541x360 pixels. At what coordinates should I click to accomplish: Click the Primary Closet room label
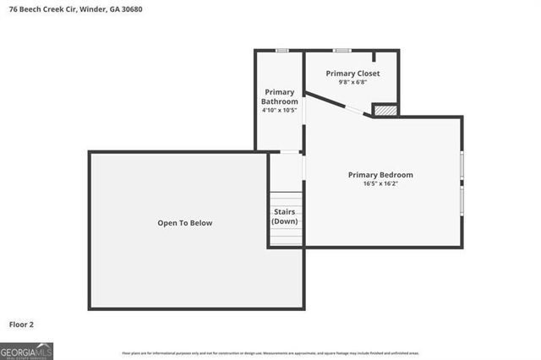pyautogui.click(x=353, y=74)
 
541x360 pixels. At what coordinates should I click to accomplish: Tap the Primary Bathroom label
pyautogui.click(x=279, y=96)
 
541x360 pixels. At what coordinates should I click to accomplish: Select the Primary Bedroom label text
pyautogui.click(x=380, y=175)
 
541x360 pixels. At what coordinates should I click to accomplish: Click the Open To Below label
pyautogui.click(x=184, y=223)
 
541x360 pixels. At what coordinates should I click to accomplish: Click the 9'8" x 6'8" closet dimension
pyautogui.click(x=353, y=83)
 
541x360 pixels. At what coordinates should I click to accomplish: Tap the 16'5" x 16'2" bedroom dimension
pyautogui.click(x=380, y=183)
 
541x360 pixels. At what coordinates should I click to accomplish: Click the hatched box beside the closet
pyautogui.click(x=385, y=109)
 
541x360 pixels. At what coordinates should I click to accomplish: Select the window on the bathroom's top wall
pyautogui.click(x=282, y=51)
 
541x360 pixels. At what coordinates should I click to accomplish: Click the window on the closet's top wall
pyautogui.click(x=342, y=51)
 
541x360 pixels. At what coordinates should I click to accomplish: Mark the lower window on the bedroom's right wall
pyautogui.click(x=462, y=199)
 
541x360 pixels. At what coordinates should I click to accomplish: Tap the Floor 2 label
pyautogui.click(x=21, y=324)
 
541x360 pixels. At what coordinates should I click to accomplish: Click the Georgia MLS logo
pyautogui.click(x=26, y=351)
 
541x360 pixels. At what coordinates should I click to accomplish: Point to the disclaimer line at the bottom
pyautogui.click(x=270, y=353)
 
